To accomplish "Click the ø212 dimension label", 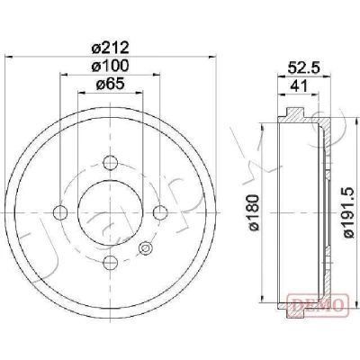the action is coord(110,48).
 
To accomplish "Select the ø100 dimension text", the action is coord(110,66).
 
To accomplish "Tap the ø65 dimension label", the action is coord(110,85).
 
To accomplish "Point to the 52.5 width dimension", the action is coord(304,67).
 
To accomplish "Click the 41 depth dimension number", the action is coord(299,86).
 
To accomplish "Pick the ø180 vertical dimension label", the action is coord(254,212).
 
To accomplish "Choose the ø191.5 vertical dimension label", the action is coord(349,212).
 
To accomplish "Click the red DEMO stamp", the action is coord(319,305).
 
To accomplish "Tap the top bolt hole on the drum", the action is coord(110,163).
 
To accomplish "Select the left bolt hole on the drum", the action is coord(60,212).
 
